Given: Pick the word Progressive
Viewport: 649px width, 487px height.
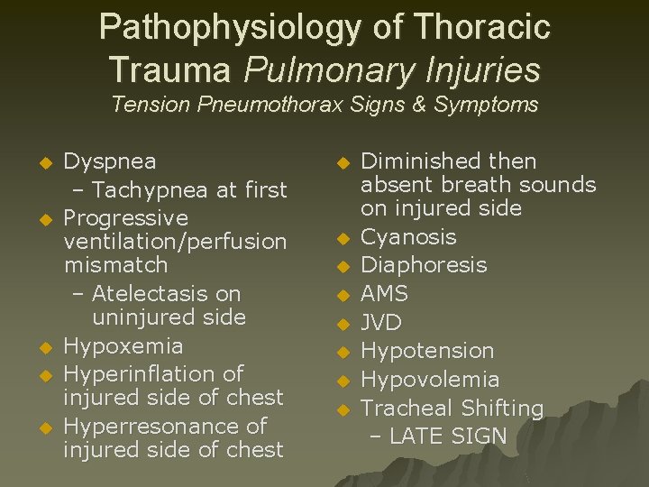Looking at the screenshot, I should click(x=126, y=218).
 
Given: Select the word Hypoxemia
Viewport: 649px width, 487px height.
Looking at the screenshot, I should click(x=123, y=345).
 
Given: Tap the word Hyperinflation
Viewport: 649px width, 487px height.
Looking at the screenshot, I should click(x=141, y=373).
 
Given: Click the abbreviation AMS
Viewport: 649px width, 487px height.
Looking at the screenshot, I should click(x=385, y=294).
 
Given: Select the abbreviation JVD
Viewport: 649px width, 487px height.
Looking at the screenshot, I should click(x=381, y=322).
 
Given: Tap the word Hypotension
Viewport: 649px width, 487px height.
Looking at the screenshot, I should click(x=427, y=351).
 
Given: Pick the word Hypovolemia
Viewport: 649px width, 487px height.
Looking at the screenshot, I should click(x=430, y=380).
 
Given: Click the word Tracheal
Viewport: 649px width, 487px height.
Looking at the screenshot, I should click(x=402, y=409).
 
